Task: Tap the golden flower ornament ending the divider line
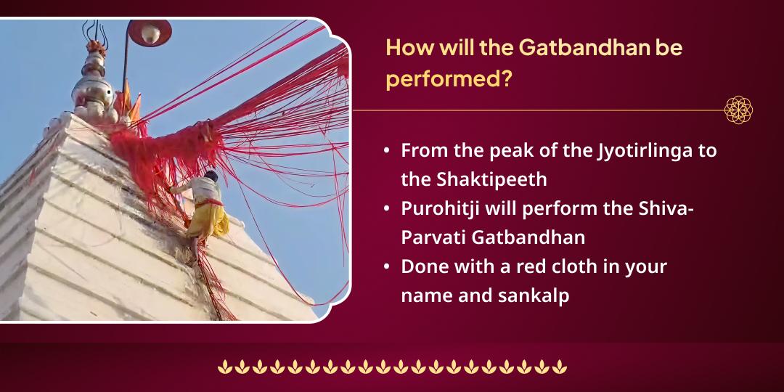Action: pyautogui.click(x=738, y=110)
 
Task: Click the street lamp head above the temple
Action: pyautogui.click(x=149, y=32)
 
